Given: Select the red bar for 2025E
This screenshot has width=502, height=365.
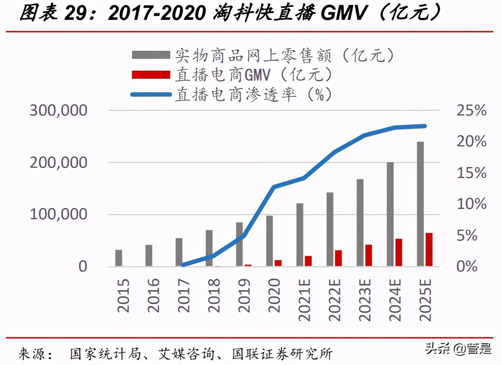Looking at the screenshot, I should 429,249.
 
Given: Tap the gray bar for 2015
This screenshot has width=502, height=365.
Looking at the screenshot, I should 119,258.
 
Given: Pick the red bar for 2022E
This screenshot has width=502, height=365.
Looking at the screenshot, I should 338,258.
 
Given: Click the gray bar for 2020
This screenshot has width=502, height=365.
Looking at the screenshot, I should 269,241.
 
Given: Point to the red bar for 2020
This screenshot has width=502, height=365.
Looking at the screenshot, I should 278,263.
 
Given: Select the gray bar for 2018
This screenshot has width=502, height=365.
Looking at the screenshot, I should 209,248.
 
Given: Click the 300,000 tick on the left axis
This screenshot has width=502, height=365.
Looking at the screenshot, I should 58,110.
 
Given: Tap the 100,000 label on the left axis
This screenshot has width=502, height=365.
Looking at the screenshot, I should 58,214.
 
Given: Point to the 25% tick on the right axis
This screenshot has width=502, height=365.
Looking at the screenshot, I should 471,110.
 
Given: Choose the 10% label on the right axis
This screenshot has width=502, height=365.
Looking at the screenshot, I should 471,204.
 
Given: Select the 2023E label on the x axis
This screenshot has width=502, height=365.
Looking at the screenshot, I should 365,300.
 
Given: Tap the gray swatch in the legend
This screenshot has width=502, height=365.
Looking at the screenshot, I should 151,55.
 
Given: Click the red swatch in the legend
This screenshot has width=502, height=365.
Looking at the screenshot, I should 151,75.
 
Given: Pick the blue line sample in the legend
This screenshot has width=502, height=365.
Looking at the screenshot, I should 151,95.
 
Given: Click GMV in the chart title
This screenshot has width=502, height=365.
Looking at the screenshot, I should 344,13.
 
